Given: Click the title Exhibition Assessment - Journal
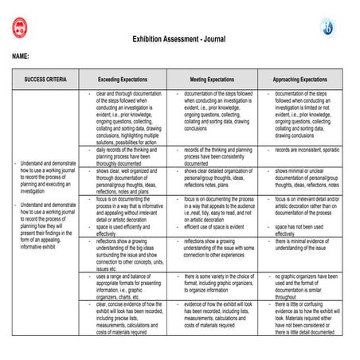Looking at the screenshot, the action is [178, 37].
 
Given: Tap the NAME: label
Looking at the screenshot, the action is [22, 57].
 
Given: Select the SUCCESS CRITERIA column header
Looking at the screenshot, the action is [45, 80].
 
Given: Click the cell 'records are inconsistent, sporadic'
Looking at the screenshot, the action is [306, 150].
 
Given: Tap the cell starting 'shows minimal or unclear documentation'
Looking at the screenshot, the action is [306, 178].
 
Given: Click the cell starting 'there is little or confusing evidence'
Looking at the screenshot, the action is [306, 318].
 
